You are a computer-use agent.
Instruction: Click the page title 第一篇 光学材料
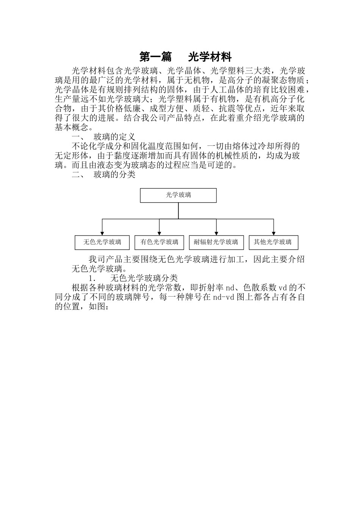pos(185,57)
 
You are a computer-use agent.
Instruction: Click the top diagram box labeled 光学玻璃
pos(178,195)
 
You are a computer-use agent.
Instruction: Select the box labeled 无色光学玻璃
pos(102,242)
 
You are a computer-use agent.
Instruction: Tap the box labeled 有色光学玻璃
pos(159,242)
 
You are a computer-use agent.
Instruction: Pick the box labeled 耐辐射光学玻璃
pos(216,242)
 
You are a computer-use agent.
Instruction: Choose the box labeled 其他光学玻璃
pos(273,242)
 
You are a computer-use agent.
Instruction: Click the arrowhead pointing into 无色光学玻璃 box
pos(102,233)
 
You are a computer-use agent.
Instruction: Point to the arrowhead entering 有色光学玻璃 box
pos(159,233)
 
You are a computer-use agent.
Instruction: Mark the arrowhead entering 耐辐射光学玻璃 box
pos(216,233)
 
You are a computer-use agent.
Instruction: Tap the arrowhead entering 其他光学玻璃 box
pos(273,233)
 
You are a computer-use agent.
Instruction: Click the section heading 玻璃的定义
pos(114,137)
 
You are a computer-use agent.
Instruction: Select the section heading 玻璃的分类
pos(114,175)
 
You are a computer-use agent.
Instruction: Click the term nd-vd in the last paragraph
pos(224,297)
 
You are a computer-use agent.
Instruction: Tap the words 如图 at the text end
pos(96,307)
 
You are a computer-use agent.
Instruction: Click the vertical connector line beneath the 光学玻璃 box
pos(178,210)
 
